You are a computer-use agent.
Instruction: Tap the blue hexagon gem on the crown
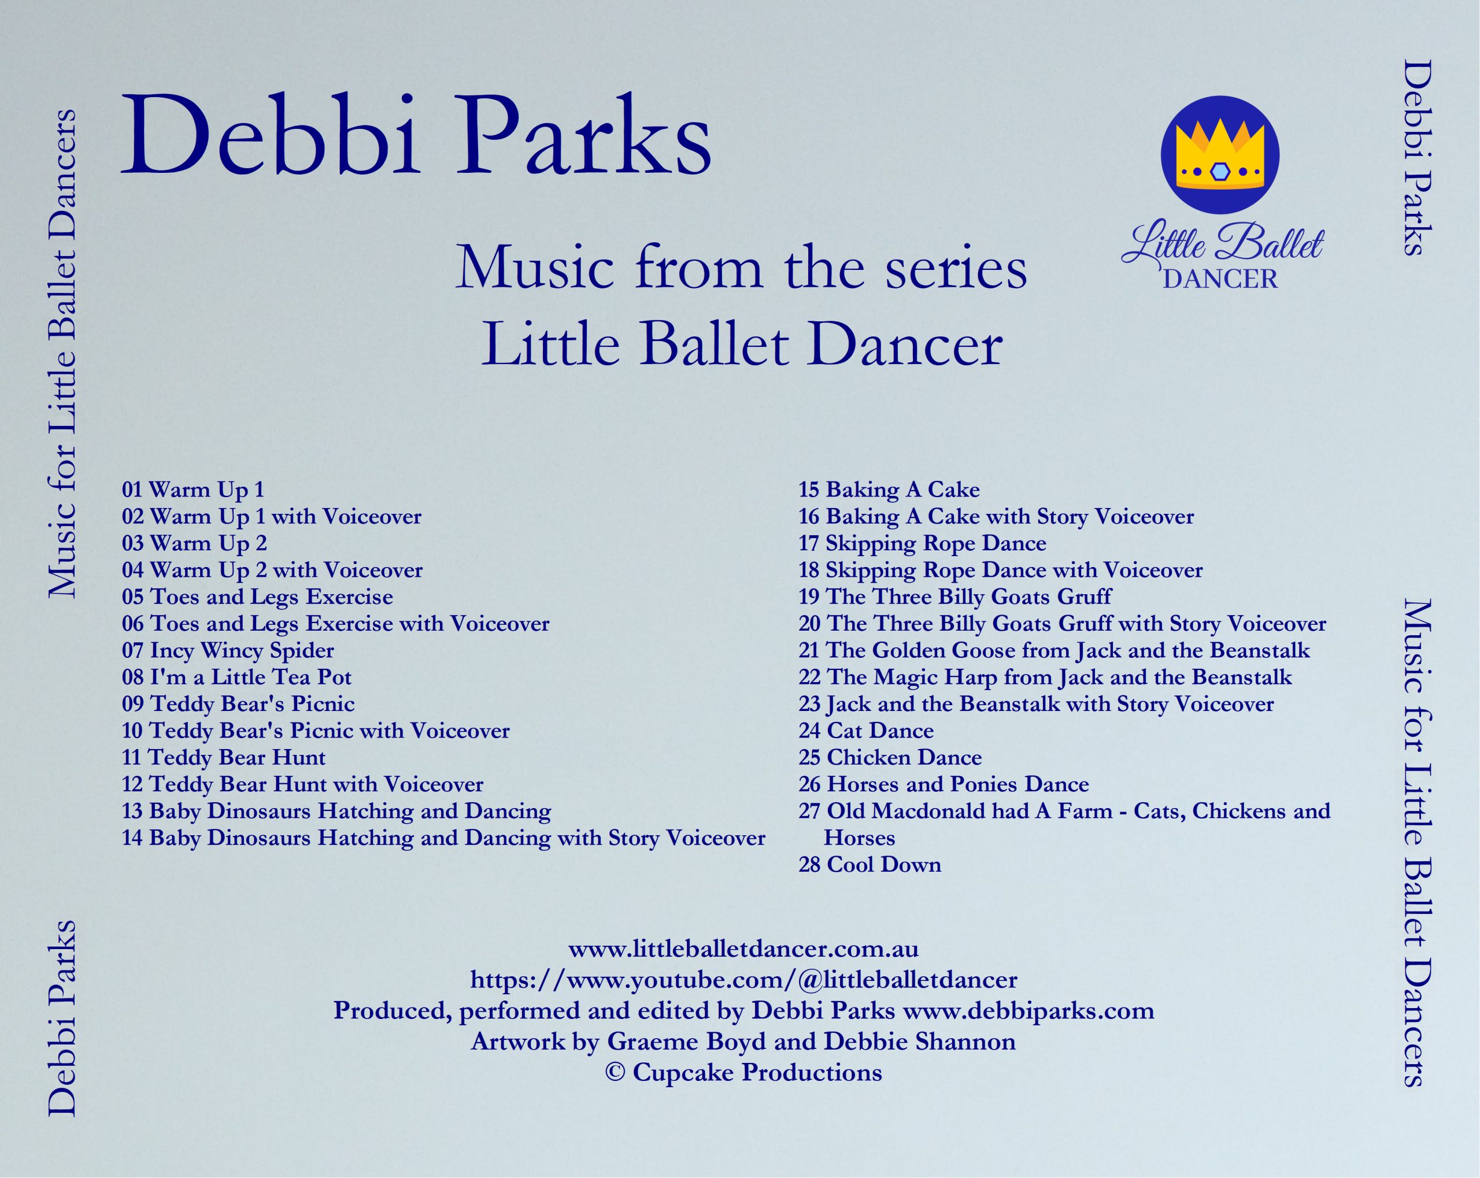1219,172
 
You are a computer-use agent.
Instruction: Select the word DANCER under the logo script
1220,279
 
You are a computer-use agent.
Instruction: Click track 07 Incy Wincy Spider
228,651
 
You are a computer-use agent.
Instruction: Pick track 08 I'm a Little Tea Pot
237,677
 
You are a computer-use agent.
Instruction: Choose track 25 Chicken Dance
890,757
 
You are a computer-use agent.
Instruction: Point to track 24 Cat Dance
865,731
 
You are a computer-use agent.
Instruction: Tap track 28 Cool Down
869,864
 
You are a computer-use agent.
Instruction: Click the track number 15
809,490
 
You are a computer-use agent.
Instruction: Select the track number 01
132,490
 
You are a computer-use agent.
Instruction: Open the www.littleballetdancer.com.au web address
743,949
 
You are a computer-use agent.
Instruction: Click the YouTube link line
743,980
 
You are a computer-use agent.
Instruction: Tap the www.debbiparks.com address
1028,1011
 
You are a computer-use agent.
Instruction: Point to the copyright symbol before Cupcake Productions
615,1072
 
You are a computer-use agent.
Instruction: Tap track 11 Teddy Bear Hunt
224,757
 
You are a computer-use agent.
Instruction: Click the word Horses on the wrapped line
860,838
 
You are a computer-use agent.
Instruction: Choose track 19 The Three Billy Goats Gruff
955,597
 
